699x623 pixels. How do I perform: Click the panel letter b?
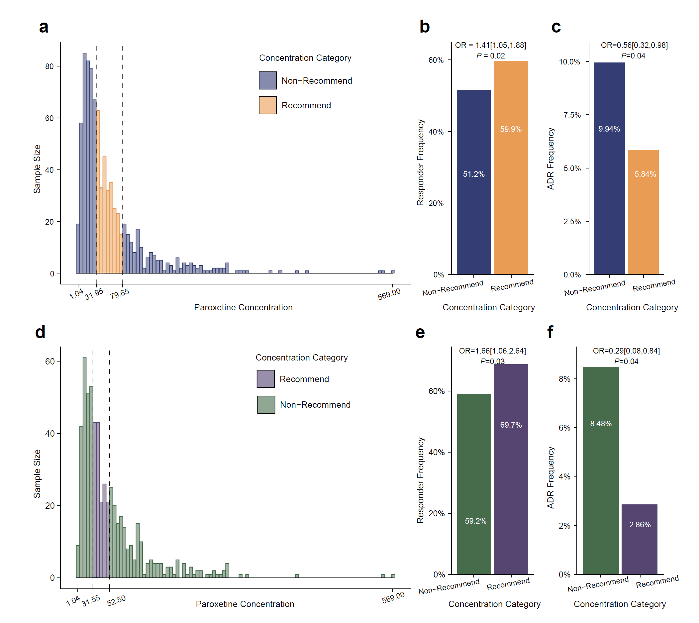[x=425, y=27]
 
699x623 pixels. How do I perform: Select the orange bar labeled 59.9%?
[x=511, y=168]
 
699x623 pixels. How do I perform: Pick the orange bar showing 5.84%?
[x=643, y=212]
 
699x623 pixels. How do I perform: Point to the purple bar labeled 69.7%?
[x=511, y=469]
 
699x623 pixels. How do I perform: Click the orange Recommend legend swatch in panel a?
[x=268, y=105]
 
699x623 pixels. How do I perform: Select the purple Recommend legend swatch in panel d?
[x=266, y=379]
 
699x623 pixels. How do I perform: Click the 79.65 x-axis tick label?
[x=120, y=294]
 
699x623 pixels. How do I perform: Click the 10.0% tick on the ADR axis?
[x=570, y=62]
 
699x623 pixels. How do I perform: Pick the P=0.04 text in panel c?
[x=633, y=56]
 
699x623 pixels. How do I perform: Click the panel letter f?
[x=550, y=332]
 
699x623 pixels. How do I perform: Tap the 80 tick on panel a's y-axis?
[x=50, y=66]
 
